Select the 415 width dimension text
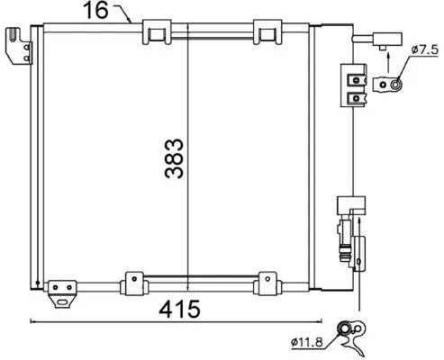180,308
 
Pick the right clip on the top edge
267,32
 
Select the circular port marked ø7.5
393,85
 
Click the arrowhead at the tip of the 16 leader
132,19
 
